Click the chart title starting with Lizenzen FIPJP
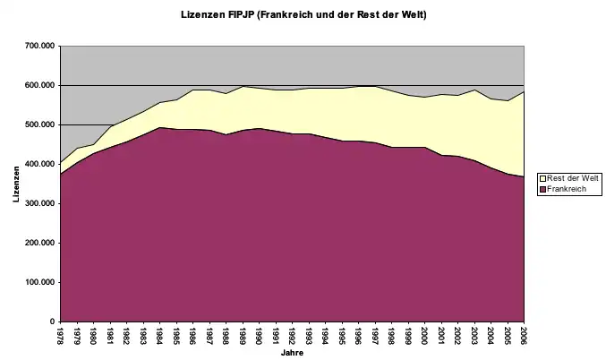302,15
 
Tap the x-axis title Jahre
292,352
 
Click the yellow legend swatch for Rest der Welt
542,178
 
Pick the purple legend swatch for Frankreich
542,188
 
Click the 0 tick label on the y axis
52,321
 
